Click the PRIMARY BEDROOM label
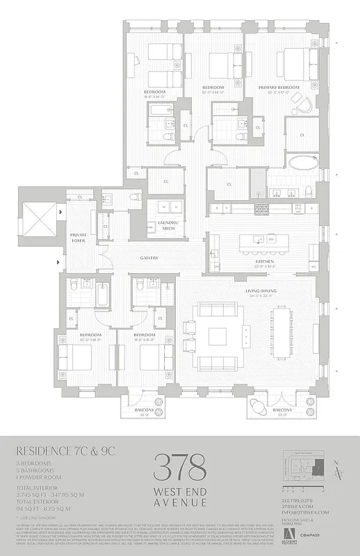click(x=277, y=88)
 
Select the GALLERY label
click(x=149, y=258)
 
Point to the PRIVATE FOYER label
click(x=78, y=238)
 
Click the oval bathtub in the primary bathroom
click(x=302, y=164)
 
